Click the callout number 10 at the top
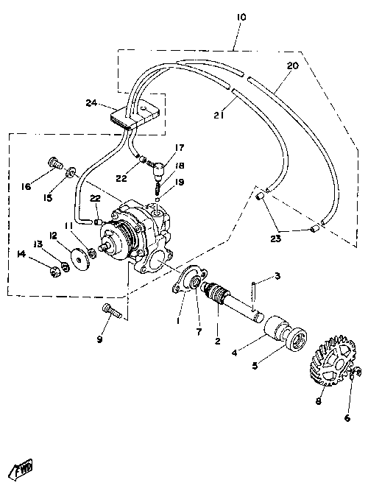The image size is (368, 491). (x=241, y=17)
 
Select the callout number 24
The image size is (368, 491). (x=91, y=103)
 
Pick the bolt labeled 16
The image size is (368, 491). (x=55, y=163)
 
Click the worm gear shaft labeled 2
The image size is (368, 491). (x=231, y=301)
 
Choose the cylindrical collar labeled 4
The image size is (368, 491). (x=275, y=330)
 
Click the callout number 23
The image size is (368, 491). (x=276, y=239)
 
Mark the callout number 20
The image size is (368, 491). (x=293, y=66)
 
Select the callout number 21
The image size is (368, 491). (x=219, y=116)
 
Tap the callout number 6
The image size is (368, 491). (x=347, y=417)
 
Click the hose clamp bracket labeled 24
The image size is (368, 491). (x=135, y=114)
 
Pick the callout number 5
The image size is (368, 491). (x=255, y=365)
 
